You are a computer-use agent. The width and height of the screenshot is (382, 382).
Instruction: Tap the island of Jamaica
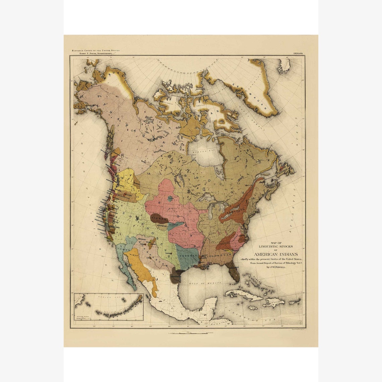coord(252,307)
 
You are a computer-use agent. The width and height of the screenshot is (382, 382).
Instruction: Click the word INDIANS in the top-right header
coord(298,53)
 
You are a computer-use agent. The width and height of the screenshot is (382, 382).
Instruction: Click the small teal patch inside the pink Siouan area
coord(171,199)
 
